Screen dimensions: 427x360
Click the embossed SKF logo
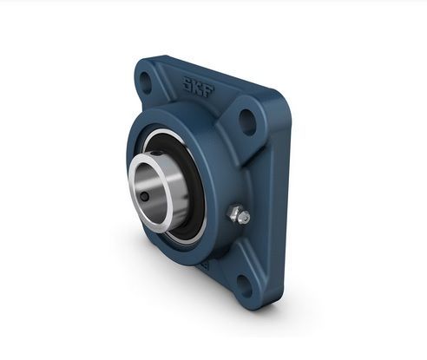[198, 87]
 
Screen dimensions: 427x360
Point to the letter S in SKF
[187, 83]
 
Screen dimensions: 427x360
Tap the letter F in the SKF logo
[208, 90]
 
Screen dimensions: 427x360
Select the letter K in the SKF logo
[198, 87]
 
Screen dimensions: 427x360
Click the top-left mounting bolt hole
[145, 82]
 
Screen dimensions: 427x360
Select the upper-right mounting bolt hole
[247, 122]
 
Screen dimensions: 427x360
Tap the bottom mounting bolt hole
[244, 285]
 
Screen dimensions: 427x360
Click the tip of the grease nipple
[246, 217]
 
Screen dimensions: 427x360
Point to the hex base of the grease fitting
[235, 213]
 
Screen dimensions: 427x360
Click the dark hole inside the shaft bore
[144, 197]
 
